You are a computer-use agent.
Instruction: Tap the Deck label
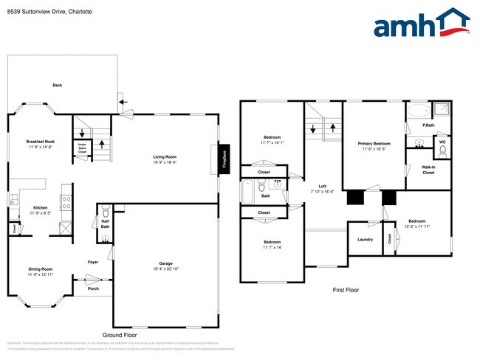[57, 86]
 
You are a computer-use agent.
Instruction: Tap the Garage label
[165, 263]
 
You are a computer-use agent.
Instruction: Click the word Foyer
[93, 262]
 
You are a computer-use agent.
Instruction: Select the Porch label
[94, 288]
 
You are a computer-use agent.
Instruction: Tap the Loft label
[322, 186]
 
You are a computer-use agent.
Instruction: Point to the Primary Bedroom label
[374, 144]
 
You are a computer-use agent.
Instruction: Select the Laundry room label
[365, 239]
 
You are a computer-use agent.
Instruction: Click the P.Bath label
[427, 125]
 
